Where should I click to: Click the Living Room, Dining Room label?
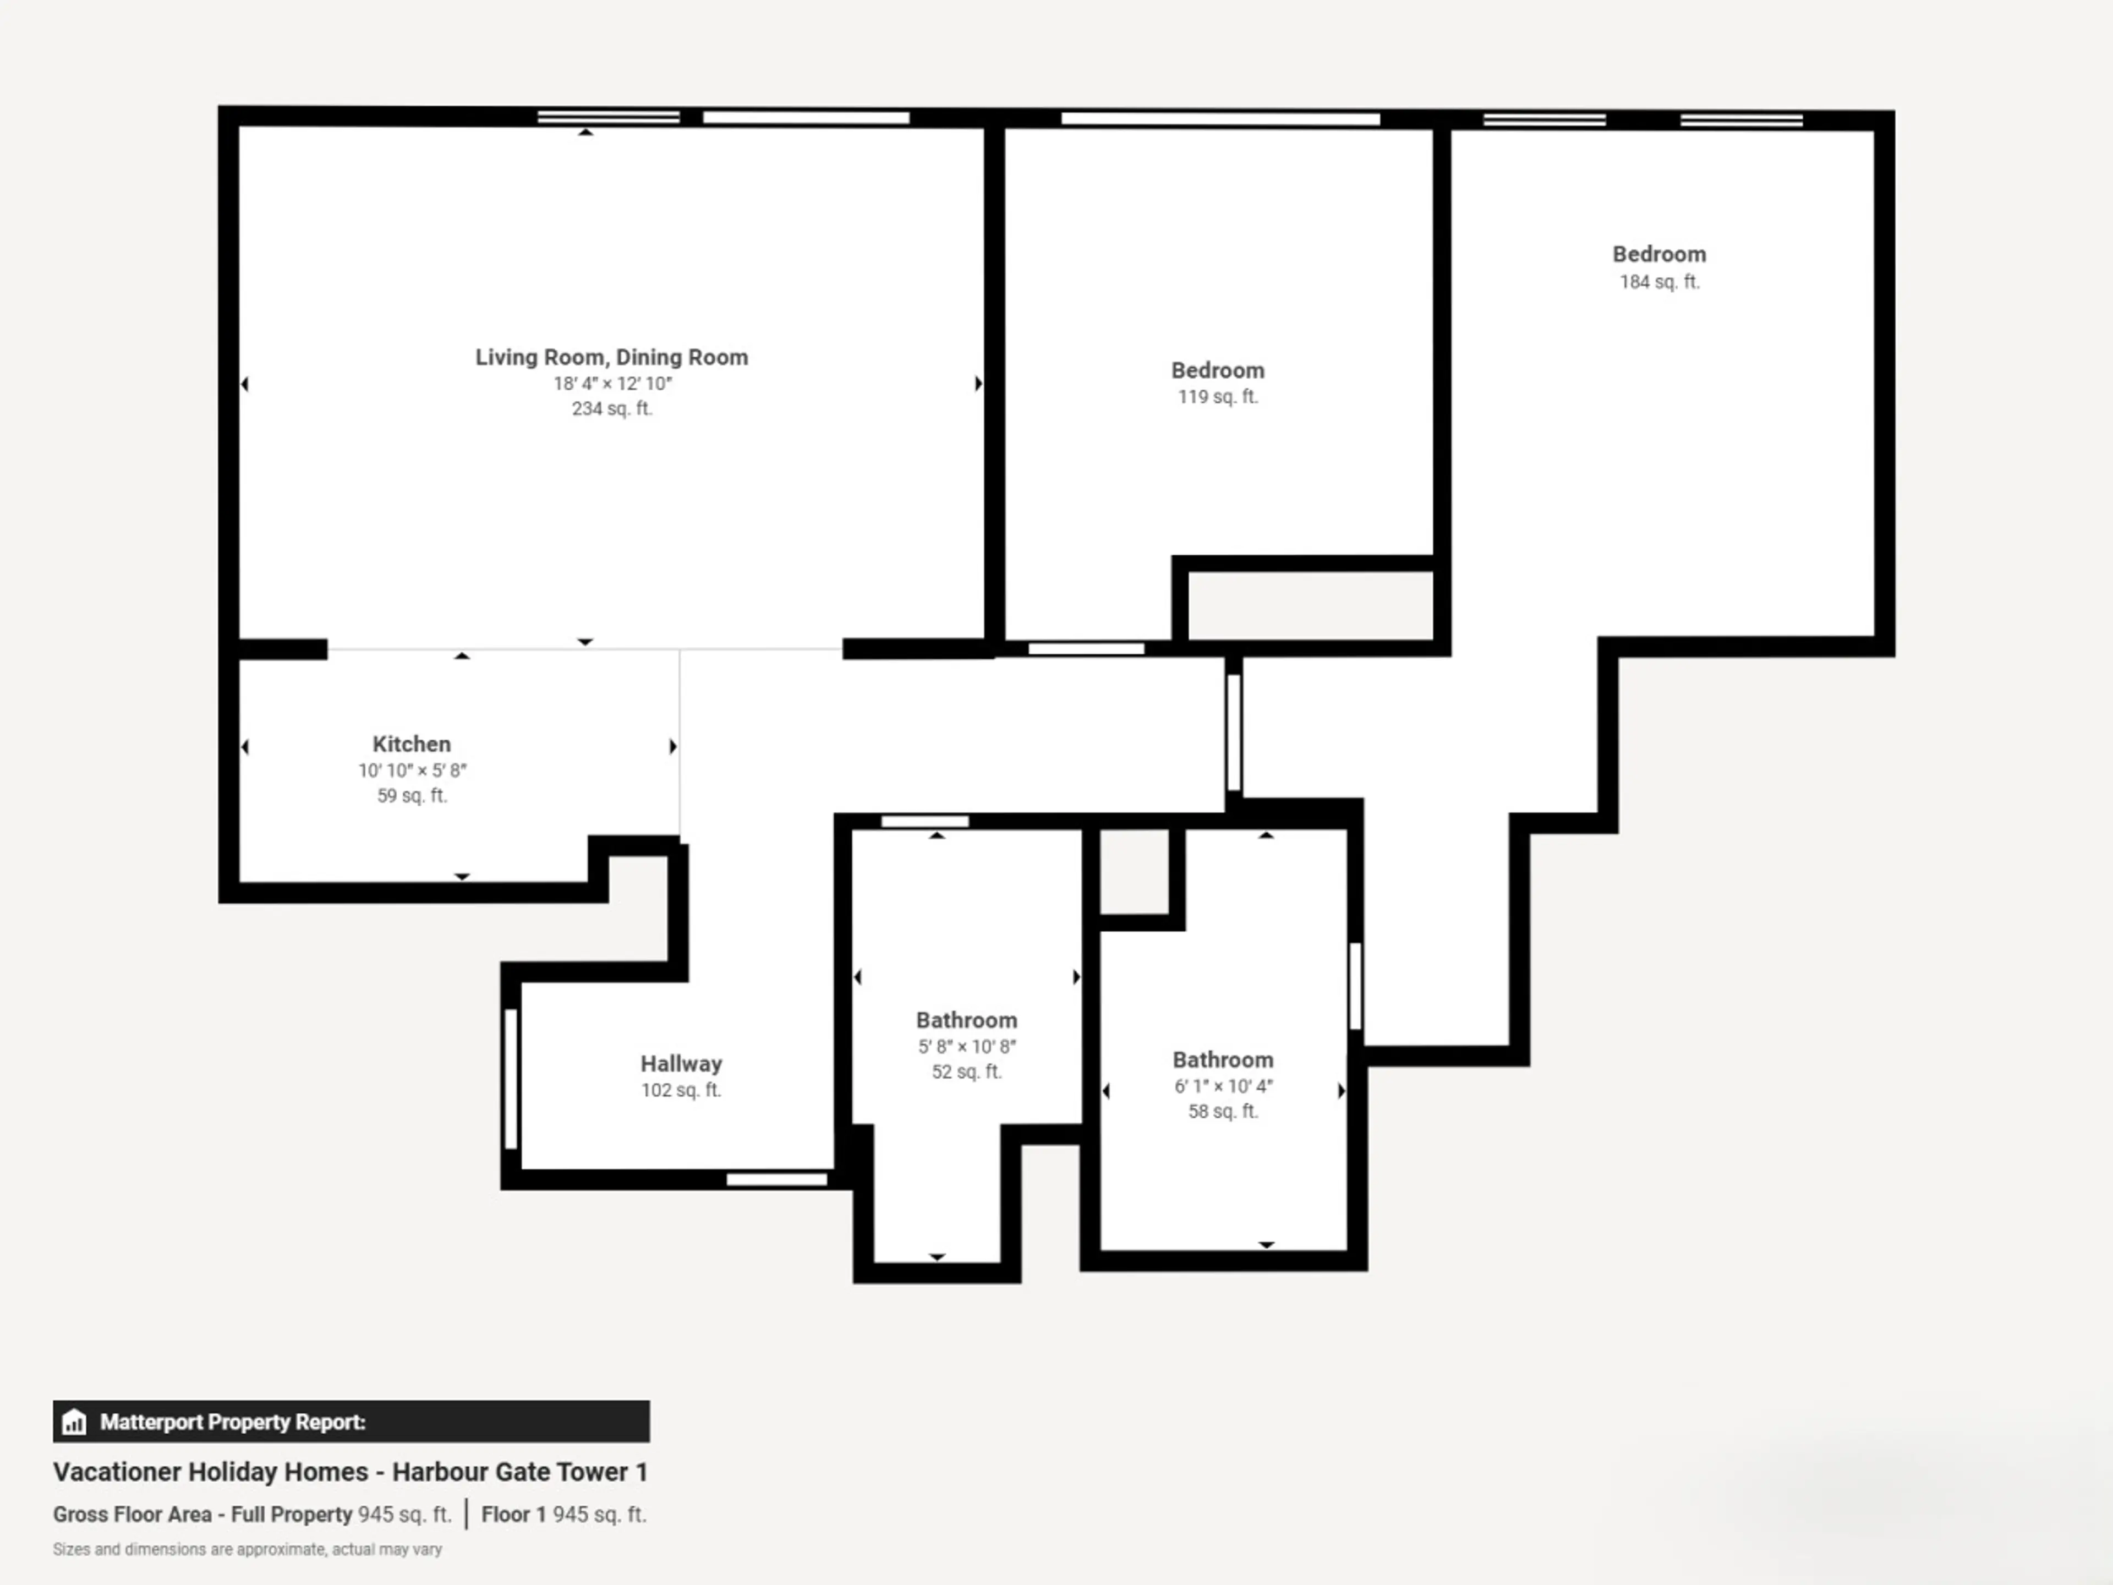pos(611,357)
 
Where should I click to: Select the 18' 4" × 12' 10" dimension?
pos(612,383)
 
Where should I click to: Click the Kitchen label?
pos(412,744)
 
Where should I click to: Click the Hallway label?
pos(681,1063)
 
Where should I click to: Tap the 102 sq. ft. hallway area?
pos(681,1090)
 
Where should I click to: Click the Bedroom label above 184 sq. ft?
pos(1659,254)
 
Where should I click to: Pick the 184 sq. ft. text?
pos(1659,282)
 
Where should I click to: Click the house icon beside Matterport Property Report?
pos(74,1422)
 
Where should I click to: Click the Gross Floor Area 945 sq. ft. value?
pos(404,1515)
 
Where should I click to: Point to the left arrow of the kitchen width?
pos(245,746)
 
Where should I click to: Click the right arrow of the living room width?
pos(978,383)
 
